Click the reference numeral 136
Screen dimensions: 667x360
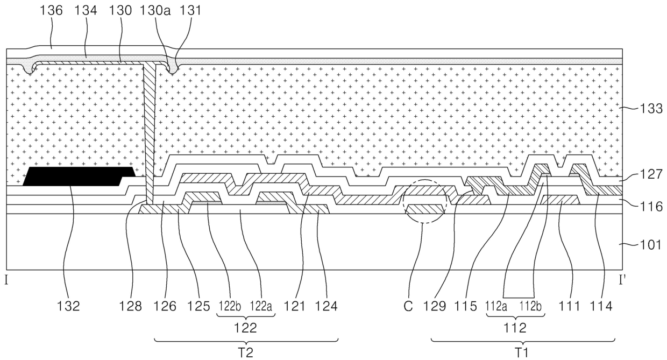pos(51,11)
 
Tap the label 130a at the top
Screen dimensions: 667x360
pos(155,11)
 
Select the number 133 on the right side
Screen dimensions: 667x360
pos(651,109)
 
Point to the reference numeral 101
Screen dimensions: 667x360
pos(651,245)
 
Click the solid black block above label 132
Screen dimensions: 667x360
pos(79,176)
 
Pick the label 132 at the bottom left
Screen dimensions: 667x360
pos(68,306)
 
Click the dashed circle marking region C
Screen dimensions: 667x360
pos(425,201)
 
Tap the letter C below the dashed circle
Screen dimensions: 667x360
pos(408,306)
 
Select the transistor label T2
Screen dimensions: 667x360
pos(245,352)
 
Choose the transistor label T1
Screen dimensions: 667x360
pos(522,352)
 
